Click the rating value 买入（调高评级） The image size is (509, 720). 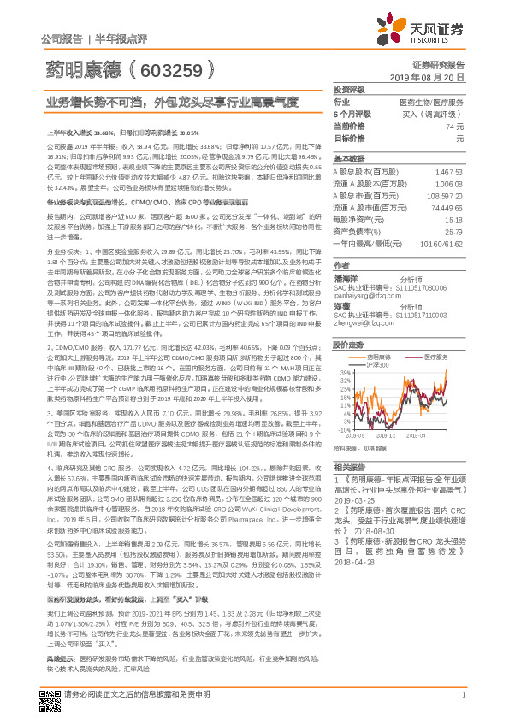click(x=435, y=114)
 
